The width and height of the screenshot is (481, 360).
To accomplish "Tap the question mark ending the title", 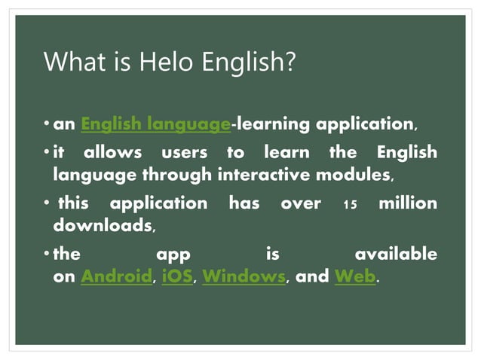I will click(287, 62).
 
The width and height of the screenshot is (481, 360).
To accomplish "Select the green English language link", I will click(155, 124).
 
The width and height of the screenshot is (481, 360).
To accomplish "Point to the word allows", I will click(112, 152).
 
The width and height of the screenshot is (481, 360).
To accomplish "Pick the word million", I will click(407, 203).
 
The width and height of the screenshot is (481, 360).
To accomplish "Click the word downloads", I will click(103, 224).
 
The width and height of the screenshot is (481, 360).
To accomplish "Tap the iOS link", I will click(176, 276).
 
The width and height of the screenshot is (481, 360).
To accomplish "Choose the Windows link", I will click(244, 276).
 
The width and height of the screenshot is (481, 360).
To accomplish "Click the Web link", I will click(354, 276).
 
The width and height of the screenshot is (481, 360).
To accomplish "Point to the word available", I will click(396, 254).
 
